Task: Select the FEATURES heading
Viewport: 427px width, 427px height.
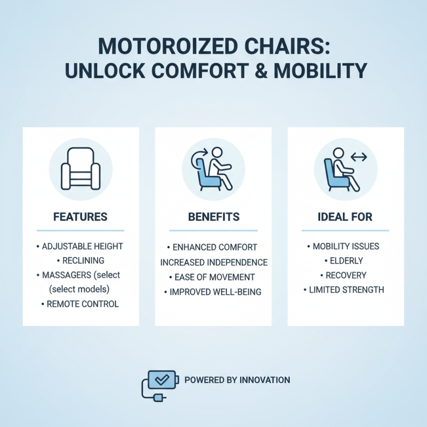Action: pyautogui.click(x=80, y=217)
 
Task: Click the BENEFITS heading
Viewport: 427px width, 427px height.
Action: pyautogui.click(x=213, y=217)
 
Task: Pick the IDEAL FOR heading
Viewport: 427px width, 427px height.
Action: pyautogui.click(x=345, y=217)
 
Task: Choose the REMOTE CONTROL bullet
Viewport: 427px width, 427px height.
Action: pyautogui.click(x=82, y=304)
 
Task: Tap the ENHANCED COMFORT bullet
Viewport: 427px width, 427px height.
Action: pyautogui.click(x=213, y=247)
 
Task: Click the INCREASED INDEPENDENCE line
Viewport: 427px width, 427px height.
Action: pyautogui.click(x=213, y=262)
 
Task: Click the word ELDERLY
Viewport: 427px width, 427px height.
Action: pyautogui.click(x=347, y=260)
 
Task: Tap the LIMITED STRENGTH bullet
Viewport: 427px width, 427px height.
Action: pyautogui.click(x=347, y=289)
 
